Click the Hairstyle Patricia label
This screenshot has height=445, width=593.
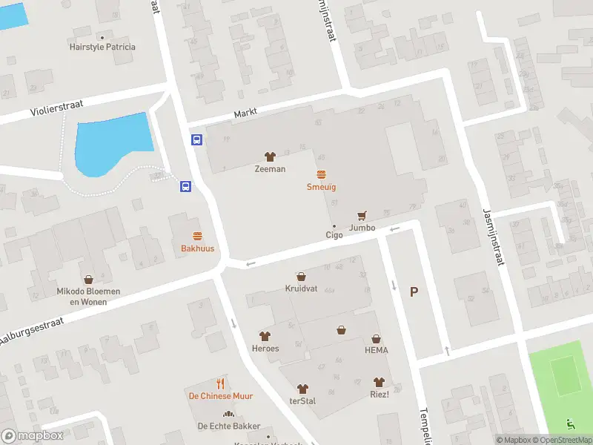(103, 47)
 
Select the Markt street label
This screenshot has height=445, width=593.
(245, 113)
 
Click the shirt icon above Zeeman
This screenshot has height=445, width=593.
(270, 156)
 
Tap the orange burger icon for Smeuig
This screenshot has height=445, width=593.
(322, 175)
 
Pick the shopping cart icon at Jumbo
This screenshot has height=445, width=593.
(362, 216)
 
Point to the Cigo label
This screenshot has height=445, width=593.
(334, 235)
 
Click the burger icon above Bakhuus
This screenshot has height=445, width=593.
(197, 237)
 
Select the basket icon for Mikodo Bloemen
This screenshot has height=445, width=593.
(89, 280)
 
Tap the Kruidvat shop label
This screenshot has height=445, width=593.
(301, 288)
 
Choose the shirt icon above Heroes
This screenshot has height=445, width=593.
(265, 337)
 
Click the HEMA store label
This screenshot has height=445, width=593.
(376, 350)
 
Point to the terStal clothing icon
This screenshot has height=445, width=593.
(302, 389)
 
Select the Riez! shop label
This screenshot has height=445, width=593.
(380, 395)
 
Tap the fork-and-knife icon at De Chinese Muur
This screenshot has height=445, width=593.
(220, 383)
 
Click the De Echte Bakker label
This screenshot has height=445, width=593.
(228, 426)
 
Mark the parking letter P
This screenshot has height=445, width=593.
(414, 292)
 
